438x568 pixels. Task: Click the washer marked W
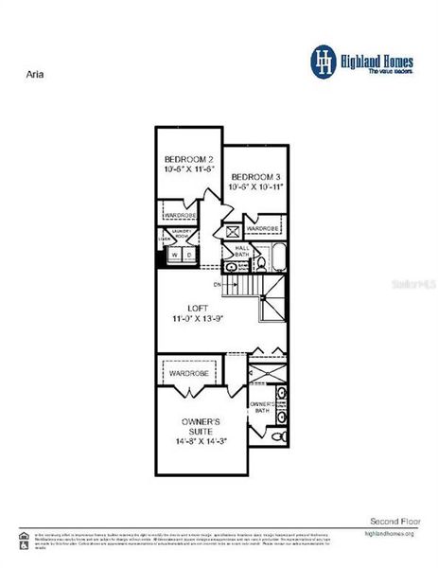174,254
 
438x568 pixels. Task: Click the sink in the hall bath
233,268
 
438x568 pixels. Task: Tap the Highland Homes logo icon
324,60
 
